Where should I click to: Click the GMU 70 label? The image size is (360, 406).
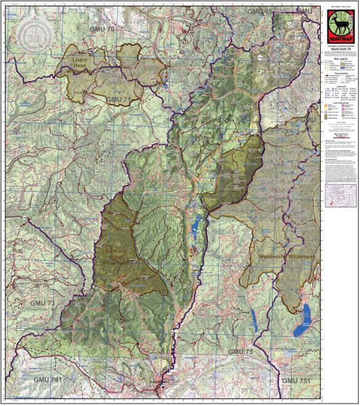click(106, 30)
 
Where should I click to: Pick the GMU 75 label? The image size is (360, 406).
click(243, 352)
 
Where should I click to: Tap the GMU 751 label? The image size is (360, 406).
click(299, 381)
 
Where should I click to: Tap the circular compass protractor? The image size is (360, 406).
click(33, 32)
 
